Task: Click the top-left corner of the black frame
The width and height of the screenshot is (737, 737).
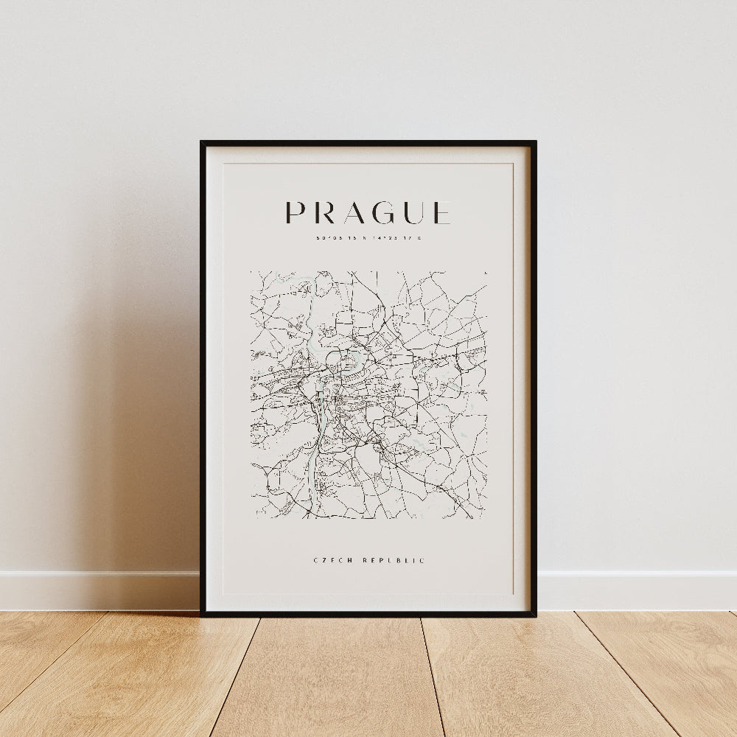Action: coord(202,142)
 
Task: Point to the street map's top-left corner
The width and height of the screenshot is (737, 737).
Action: coord(251,271)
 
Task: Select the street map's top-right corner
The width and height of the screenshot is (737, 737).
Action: coord(486,271)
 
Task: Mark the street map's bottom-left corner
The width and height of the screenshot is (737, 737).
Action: coord(251,518)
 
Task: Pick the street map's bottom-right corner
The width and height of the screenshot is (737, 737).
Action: coord(486,518)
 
